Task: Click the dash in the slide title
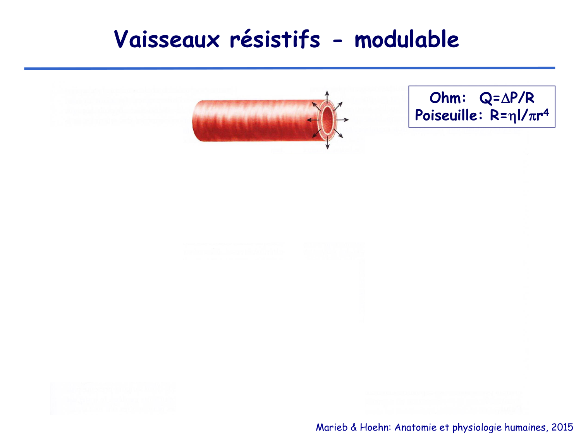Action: coord(338,41)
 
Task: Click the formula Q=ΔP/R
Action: coord(507,98)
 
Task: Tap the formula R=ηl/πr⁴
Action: coord(519,115)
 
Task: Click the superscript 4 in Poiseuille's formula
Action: coord(546,112)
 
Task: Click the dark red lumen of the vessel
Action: coord(327,120)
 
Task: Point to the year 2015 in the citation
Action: coord(562,427)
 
